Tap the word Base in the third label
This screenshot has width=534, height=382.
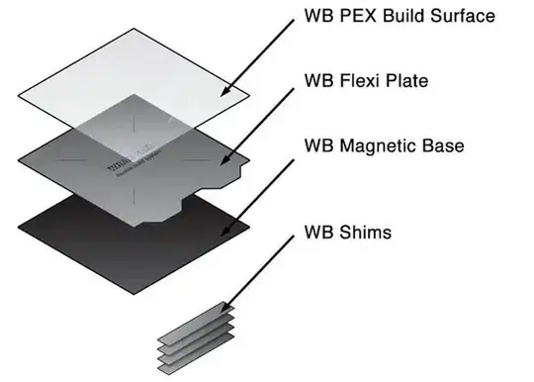(x=447, y=145)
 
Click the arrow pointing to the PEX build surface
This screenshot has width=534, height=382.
(x=258, y=58)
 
